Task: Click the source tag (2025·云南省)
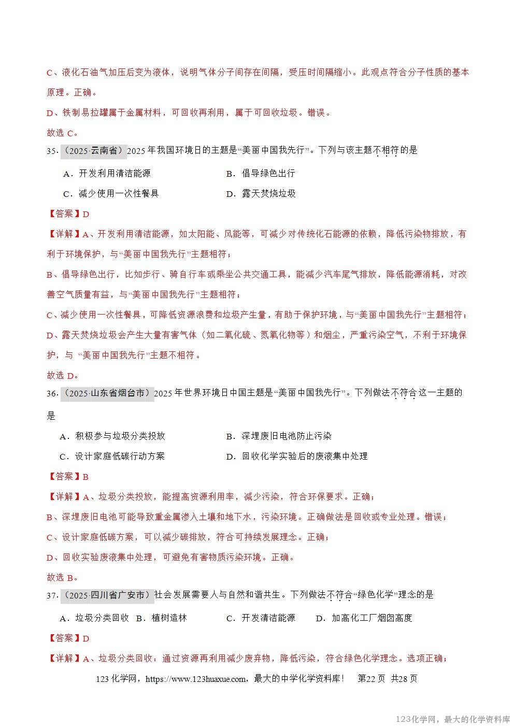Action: pos(94,151)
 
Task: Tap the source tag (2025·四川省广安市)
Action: pos(107,595)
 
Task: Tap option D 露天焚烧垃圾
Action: pos(261,194)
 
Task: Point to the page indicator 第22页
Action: pos(372,679)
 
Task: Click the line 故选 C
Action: pos(62,133)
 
